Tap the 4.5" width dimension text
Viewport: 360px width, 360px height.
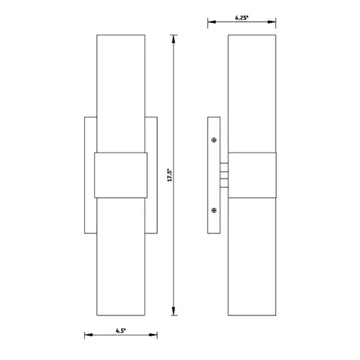coord(120,330)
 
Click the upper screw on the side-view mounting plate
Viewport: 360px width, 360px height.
coord(214,140)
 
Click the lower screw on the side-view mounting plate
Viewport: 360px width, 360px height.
coord(214,210)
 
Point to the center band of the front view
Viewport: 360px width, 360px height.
coord(122,176)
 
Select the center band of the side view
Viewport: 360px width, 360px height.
coord(252,176)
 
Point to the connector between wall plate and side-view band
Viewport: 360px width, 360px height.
coord(224,175)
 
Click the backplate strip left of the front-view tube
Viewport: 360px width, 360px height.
coord(90,176)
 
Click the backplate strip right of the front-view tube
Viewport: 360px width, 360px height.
coord(153,176)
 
